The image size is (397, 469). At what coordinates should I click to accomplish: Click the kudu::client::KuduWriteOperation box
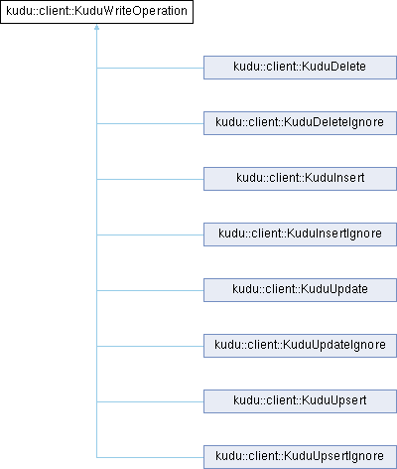(x=96, y=12)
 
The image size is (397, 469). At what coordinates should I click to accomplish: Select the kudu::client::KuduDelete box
(x=300, y=68)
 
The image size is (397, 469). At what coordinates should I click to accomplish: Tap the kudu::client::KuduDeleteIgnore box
(x=300, y=123)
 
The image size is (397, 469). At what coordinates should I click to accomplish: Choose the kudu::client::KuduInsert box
(x=300, y=179)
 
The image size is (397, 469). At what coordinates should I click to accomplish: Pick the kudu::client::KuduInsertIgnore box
(x=300, y=234)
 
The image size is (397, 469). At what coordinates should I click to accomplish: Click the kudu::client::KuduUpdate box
(x=300, y=290)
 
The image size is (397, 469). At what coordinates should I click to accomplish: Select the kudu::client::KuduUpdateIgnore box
(x=300, y=346)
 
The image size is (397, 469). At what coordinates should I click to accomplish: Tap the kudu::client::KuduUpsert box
(x=300, y=401)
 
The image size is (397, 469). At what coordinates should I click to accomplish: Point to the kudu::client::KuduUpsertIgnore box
(x=300, y=457)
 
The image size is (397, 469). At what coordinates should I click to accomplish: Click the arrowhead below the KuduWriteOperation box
(x=96, y=27)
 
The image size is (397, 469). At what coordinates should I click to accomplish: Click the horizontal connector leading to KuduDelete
(x=150, y=68)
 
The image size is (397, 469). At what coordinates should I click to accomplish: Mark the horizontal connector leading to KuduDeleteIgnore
(x=150, y=123)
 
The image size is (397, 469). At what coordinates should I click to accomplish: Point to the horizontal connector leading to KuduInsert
(x=150, y=179)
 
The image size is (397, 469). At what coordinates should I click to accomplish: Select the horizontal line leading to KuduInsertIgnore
(x=150, y=234)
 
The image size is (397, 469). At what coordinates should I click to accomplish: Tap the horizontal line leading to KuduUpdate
(x=150, y=290)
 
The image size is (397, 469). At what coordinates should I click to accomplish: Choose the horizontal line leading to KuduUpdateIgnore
(x=150, y=346)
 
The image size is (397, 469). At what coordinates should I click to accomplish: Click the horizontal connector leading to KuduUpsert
(x=150, y=401)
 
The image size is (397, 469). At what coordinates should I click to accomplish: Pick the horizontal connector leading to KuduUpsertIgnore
(x=150, y=457)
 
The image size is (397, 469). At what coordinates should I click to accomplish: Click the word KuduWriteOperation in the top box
(x=131, y=11)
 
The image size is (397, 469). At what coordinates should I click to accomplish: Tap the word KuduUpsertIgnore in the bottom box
(x=333, y=456)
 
